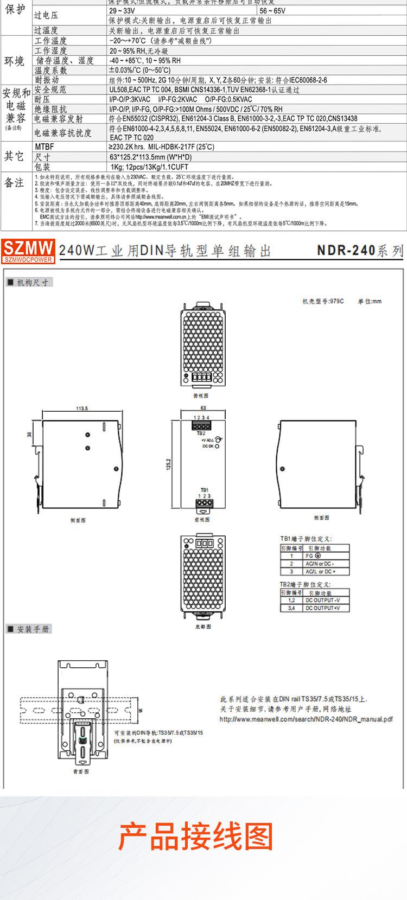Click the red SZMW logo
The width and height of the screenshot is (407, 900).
coord(28,251)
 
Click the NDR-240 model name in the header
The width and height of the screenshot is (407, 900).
coord(346,251)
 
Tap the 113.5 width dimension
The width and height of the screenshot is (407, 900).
coord(82,408)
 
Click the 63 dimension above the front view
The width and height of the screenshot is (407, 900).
coord(203,408)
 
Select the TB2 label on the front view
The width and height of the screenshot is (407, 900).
coord(201,433)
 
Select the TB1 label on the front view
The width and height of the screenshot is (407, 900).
coord(204,489)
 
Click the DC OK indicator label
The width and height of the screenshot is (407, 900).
coord(208,446)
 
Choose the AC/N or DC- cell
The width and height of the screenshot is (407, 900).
coord(320,564)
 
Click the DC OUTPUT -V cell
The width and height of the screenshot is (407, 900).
coord(322,601)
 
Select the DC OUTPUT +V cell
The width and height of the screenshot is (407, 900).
coord(322,608)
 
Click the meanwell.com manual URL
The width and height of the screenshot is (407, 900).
coord(306,719)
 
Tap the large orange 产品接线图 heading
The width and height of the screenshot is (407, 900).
coord(196,836)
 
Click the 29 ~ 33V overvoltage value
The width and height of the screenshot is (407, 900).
coord(122,11)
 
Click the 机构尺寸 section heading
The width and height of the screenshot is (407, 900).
coord(32,282)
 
